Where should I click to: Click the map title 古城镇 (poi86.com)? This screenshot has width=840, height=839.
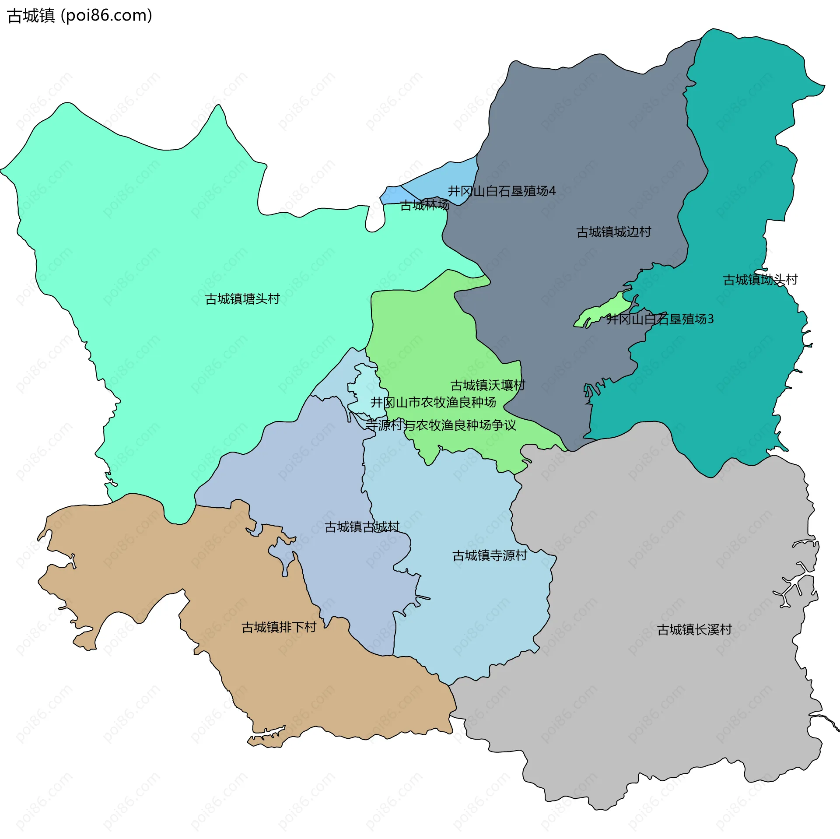80,16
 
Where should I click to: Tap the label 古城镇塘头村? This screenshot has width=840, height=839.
242,299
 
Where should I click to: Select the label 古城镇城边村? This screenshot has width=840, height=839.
613,232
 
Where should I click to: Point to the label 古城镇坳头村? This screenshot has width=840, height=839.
760,280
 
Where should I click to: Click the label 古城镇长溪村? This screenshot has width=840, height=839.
694,630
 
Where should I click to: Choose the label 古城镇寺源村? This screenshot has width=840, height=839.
490,556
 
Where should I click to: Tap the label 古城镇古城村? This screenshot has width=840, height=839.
362,527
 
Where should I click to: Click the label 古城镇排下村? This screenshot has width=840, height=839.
279,628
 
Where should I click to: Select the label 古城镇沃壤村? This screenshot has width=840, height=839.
487,386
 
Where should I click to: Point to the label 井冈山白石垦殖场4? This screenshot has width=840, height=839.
501,191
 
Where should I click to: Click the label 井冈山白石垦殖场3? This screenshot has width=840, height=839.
660,319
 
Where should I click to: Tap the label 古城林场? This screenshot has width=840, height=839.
424,205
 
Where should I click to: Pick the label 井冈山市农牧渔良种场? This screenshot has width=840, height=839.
433,402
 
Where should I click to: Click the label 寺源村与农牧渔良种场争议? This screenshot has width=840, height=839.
441,425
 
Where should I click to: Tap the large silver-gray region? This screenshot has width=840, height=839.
656,700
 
